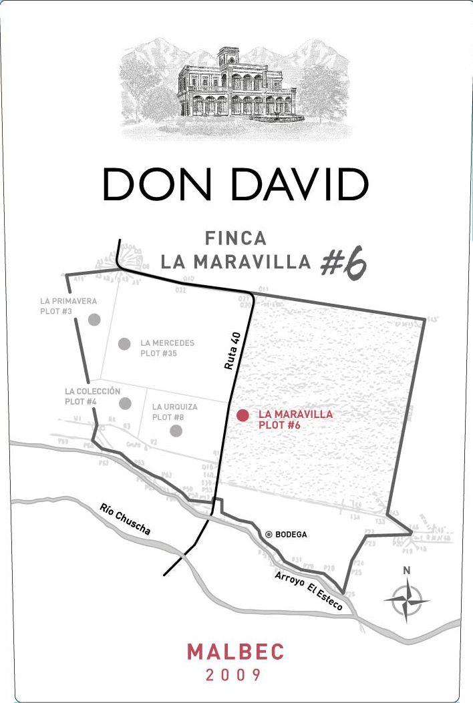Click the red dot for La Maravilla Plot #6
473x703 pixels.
(243, 415)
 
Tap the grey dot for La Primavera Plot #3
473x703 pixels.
(94, 319)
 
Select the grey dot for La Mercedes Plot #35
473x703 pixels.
(124, 344)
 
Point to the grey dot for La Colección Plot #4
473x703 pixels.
(124, 403)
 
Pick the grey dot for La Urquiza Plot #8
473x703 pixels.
(176, 431)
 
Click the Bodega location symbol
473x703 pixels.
(269, 534)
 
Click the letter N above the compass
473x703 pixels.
(406, 571)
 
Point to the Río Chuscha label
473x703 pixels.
(125, 519)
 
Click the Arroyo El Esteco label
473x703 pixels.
(309, 590)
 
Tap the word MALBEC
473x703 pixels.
(236, 652)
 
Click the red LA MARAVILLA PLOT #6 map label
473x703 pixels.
(295, 419)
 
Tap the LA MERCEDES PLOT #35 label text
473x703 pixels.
(167, 348)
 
